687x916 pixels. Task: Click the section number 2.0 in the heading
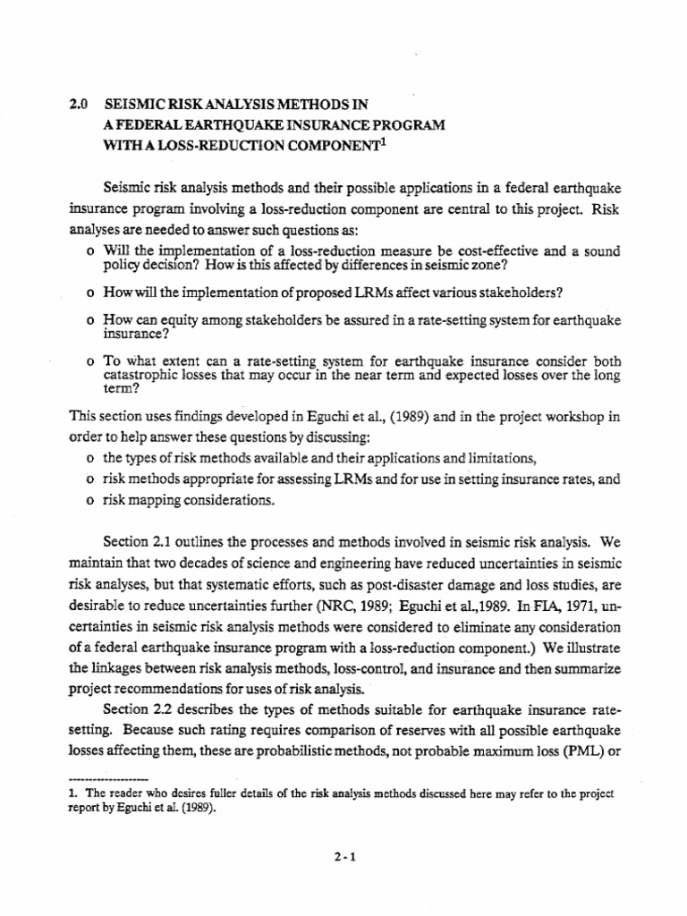(x=79, y=104)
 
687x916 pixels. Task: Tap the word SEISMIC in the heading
(x=136, y=104)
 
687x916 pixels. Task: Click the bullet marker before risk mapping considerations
(x=91, y=501)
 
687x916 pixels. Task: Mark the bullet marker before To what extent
(x=91, y=361)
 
